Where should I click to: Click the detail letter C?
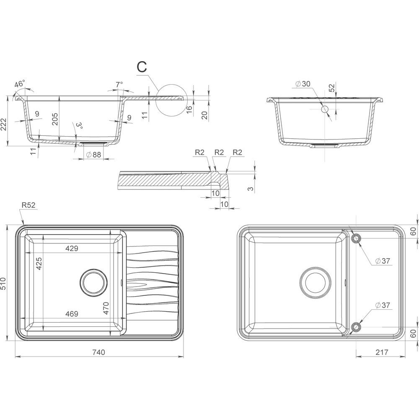pos(142,67)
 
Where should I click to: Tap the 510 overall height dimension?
pos(3,284)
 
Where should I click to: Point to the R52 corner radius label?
pos(28,205)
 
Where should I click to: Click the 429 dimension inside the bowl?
pos(72,248)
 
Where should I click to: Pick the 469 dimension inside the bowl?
pos(72,313)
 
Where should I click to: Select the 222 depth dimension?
pos(3,124)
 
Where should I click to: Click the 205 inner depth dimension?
pos(55,119)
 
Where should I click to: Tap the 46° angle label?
pos(20,84)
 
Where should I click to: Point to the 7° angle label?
pos(119,85)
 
